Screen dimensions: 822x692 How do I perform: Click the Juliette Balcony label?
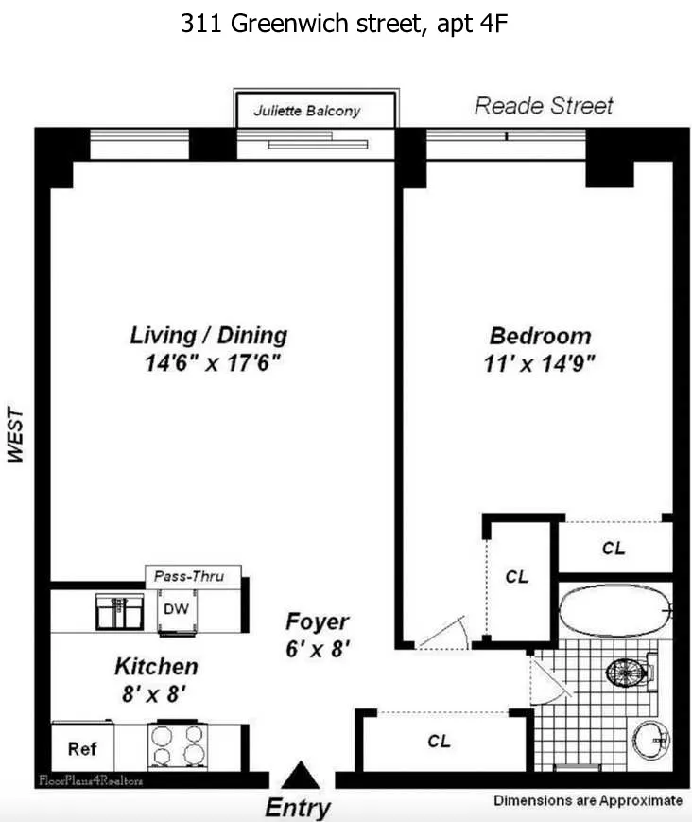click(x=306, y=111)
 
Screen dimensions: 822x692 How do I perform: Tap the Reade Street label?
click(x=543, y=105)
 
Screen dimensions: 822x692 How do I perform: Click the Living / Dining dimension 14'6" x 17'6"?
click(x=207, y=361)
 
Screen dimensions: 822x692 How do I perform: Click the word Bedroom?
click(x=540, y=336)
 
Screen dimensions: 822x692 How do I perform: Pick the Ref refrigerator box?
click(x=81, y=748)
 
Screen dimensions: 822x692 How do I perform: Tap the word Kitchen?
click(x=156, y=666)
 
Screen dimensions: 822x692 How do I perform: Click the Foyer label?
click(x=318, y=622)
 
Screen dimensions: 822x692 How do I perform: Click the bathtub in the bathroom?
click(x=614, y=611)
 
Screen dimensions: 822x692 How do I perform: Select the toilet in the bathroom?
click(x=628, y=673)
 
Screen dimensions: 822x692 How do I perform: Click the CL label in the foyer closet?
click(x=439, y=742)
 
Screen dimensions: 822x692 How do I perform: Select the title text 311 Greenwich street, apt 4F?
click(x=345, y=25)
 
